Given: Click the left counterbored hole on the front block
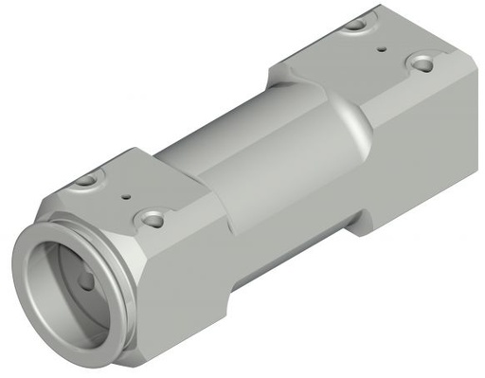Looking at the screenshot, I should coord(86,179).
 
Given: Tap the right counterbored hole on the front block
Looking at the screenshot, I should coord(153,220).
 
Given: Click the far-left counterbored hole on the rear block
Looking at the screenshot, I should coord(356,25).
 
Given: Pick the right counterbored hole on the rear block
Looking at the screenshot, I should coord(421,63).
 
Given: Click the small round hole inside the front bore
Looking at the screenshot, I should coord(86,280).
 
